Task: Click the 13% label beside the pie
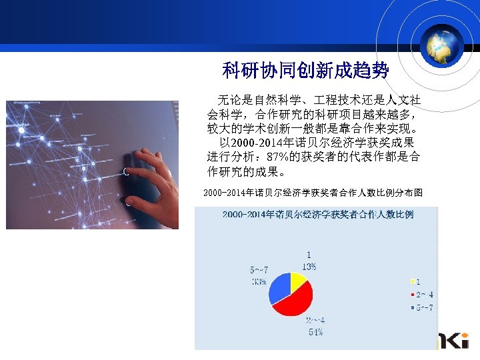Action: click(309, 266)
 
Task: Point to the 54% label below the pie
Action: click(315, 331)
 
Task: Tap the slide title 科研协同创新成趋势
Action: click(305, 70)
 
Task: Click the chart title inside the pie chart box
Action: click(317, 215)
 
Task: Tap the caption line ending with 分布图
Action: click(313, 193)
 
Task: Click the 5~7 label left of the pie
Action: click(259, 270)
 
